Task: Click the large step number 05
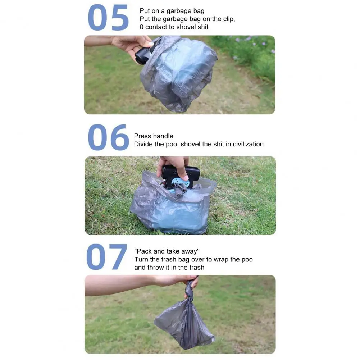108,18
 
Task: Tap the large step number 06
108,137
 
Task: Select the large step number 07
107,257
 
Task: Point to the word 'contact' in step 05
156,27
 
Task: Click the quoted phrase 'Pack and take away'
167,251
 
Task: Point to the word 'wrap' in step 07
221,259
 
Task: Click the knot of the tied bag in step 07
190,292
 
